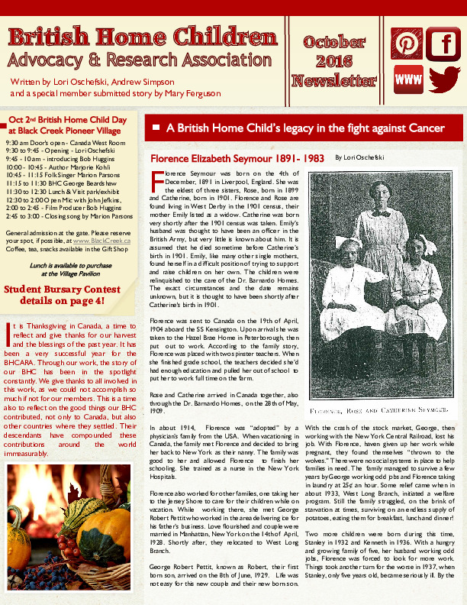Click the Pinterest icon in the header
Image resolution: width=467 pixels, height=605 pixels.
407,44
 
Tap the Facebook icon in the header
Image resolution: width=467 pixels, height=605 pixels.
443,44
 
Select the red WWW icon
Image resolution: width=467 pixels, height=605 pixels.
408,80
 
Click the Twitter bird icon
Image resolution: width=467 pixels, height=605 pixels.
443,80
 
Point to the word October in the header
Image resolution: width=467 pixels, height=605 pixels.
334,42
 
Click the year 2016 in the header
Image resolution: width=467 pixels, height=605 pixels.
334,60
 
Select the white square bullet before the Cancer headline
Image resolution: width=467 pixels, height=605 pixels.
157,127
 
